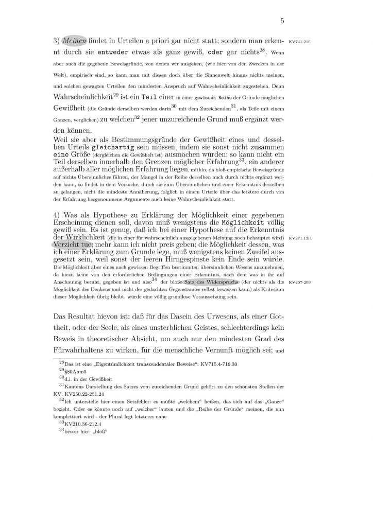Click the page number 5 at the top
point(283,21)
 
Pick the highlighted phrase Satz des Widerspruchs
point(211,283)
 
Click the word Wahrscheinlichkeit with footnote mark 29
point(86,97)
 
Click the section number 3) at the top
point(57,40)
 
